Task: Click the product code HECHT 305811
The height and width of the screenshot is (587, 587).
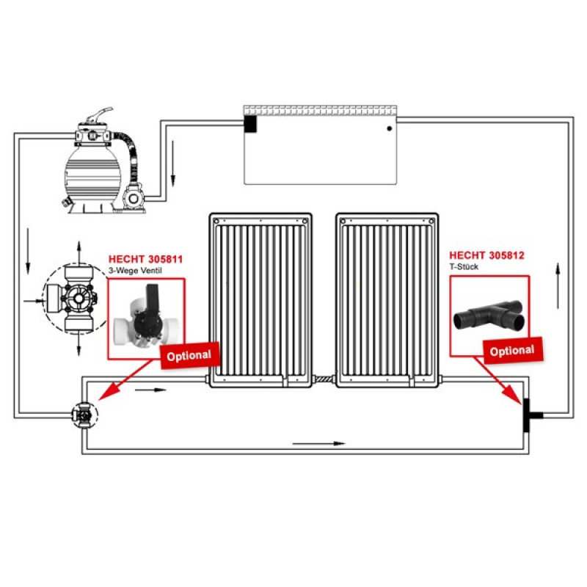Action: click(x=145, y=259)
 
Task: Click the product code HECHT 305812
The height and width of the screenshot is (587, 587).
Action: click(x=486, y=255)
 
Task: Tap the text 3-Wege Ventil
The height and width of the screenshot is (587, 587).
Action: click(x=135, y=270)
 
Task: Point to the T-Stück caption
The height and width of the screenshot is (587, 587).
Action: click(x=464, y=266)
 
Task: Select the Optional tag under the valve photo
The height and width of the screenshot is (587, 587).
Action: click(x=190, y=356)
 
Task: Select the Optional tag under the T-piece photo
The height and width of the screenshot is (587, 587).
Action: click(x=513, y=351)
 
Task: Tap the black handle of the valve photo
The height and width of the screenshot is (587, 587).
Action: click(x=153, y=299)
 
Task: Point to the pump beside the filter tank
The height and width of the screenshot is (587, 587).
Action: click(x=133, y=197)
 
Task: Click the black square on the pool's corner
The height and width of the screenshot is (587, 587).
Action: click(x=250, y=124)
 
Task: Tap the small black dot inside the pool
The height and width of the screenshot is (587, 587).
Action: click(x=390, y=128)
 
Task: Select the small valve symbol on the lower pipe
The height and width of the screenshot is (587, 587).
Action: click(x=84, y=415)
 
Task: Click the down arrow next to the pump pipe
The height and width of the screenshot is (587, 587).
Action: click(x=173, y=163)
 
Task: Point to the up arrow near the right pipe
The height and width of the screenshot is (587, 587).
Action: click(x=558, y=286)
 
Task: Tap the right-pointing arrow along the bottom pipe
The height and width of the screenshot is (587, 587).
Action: click(x=318, y=444)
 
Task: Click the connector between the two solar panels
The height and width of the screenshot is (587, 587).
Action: click(x=324, y=379)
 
